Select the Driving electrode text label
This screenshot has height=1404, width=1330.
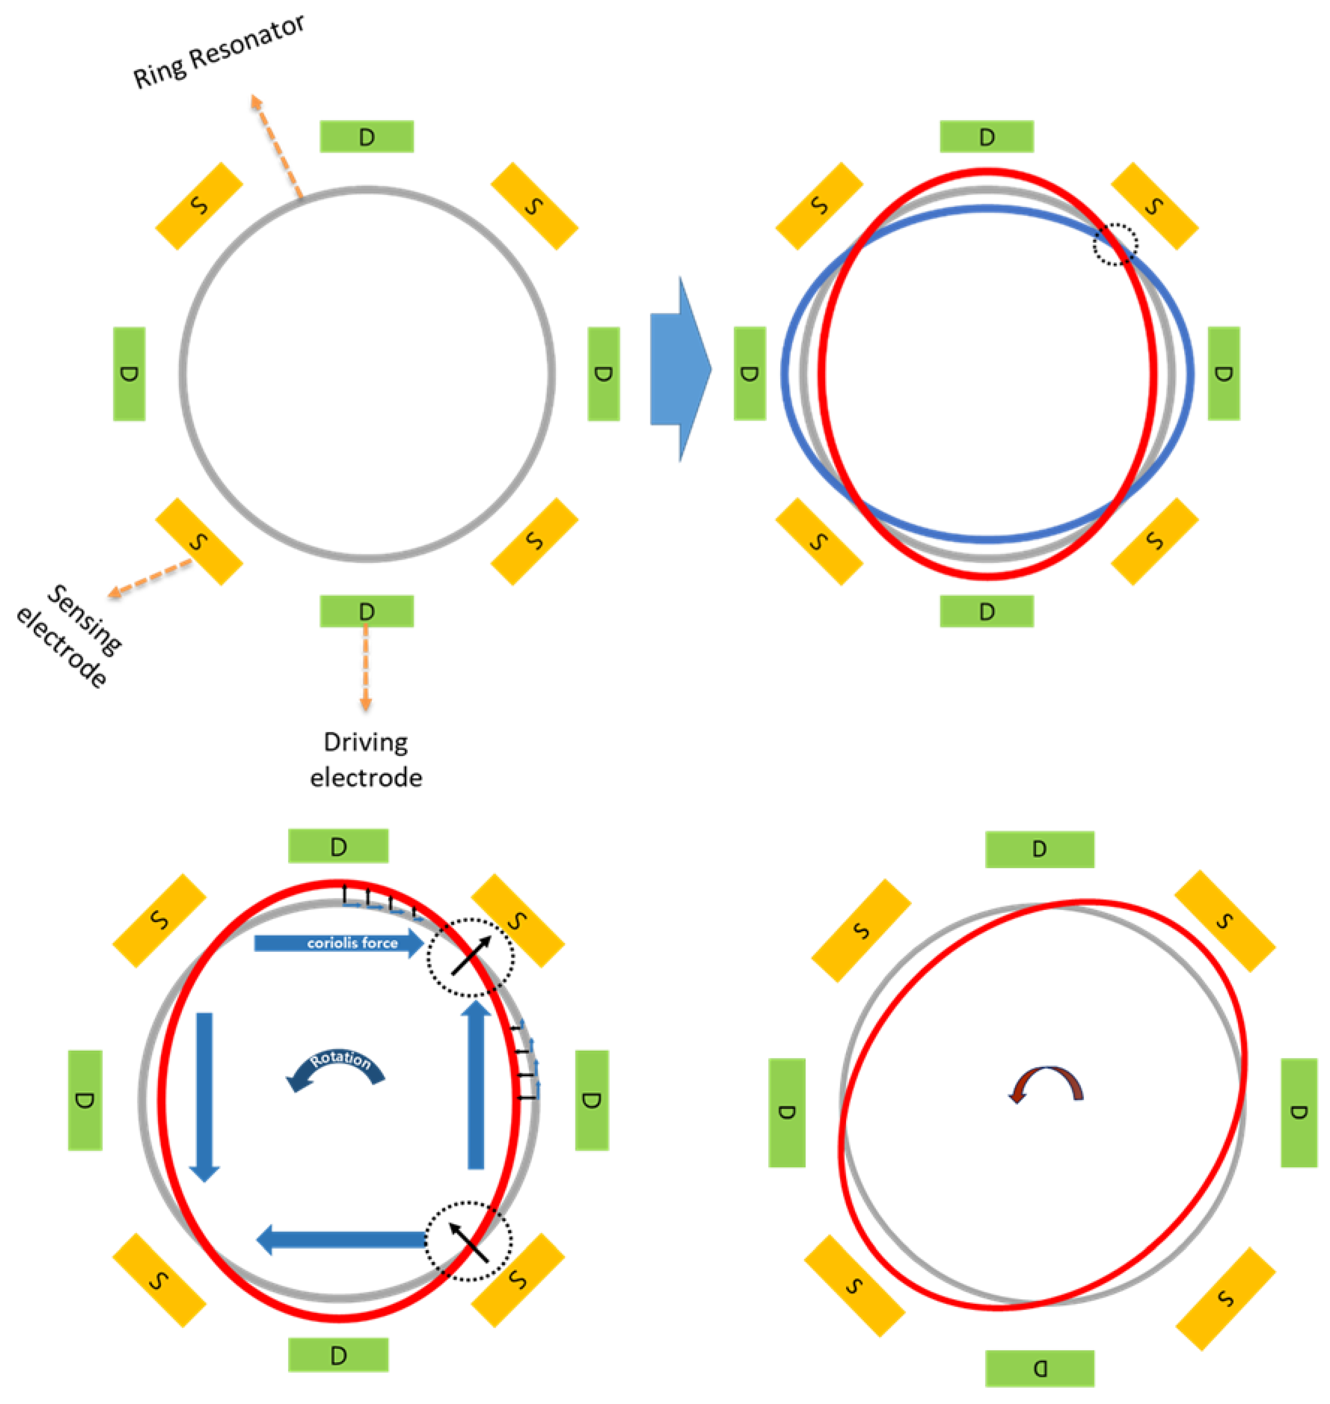[x=366, y=760]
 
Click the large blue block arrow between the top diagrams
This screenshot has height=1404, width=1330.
[x=679, y=369]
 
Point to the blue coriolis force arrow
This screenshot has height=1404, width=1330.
[x=339, y=943]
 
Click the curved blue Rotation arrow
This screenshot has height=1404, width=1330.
[x=336, y=1067]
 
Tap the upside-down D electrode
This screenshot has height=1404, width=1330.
[x=1040, y=1368]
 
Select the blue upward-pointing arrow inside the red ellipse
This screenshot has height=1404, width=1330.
[x=476, y=1085]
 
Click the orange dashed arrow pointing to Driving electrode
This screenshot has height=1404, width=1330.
[x=366, y=667]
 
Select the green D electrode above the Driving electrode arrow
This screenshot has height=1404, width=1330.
[x=367, y=611]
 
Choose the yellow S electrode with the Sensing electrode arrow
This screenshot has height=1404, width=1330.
[x=199, y=542]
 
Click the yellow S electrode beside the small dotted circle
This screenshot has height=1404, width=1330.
[x=1154, y=206]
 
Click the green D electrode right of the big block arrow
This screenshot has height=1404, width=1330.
[x=750, y=374]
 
